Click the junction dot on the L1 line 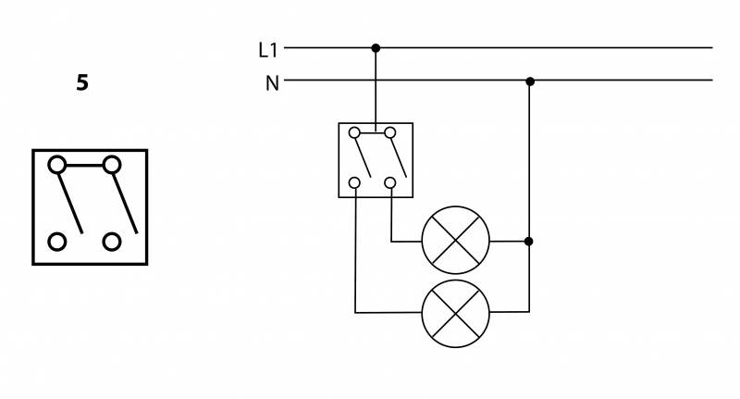coord(375,47)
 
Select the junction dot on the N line coord(530,81)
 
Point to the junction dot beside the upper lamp coord(529,242)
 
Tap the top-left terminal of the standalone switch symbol coord(57,165)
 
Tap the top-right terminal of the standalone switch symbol coord(113,165)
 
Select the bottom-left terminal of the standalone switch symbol coord(57,242)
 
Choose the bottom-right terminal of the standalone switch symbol coord(113,242)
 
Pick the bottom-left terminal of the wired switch coord(356,182)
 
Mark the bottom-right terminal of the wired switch coord(390,182)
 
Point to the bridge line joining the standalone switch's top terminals coord(85,165)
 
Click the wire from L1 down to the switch coord(375,88)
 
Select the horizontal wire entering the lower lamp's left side coord(388,312)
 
